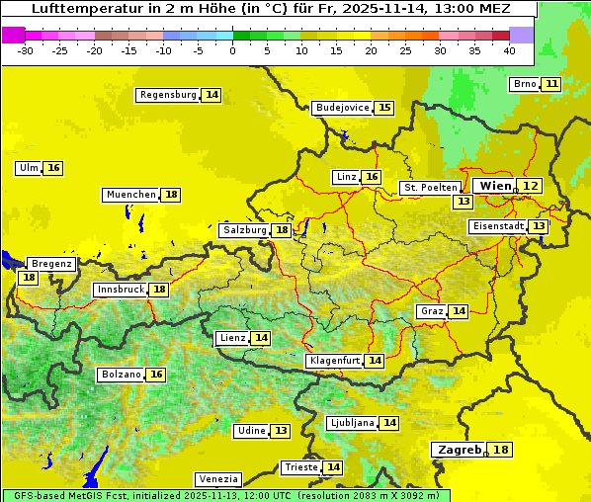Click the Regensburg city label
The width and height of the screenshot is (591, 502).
tap(168, 95)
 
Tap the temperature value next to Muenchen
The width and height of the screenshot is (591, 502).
tap(171, 195)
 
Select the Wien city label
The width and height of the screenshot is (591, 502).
tap(495, 186)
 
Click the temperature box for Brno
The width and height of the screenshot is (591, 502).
tap(550, 84)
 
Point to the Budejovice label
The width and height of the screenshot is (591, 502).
tap(342, 108)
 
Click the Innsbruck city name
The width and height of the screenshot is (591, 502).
tap(120, 290)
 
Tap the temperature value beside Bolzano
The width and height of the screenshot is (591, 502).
tap(156, 375)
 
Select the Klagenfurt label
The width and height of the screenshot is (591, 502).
tap(334, 361)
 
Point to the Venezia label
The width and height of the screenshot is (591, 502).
tap(217, 479)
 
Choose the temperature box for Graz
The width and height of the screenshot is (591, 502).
tap(459, 311)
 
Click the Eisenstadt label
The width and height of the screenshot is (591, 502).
tap(497, 226)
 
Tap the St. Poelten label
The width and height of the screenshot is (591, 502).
tap(430, 187)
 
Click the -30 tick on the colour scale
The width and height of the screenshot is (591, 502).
tap(26, 50)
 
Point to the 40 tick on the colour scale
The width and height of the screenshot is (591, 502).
tap(509, 50)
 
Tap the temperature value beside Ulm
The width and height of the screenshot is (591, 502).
tap(53, 168)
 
